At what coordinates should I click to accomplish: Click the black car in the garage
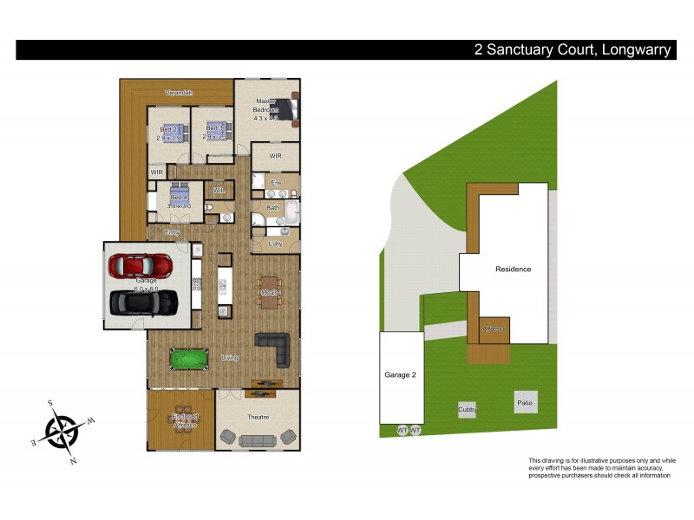[144, 302]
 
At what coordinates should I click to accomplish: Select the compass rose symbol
[62, 430]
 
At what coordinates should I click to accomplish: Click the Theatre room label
[258, 417]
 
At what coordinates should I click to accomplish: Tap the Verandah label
[179, 92]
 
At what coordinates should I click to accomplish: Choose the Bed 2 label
[167, 128]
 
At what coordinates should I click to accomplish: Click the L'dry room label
[275, 244]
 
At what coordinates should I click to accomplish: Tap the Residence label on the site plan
[513, 269]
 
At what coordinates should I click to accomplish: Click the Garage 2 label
[401, 375]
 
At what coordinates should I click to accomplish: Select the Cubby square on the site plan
[468, 409]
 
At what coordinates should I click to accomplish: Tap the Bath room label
[272, 208]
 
